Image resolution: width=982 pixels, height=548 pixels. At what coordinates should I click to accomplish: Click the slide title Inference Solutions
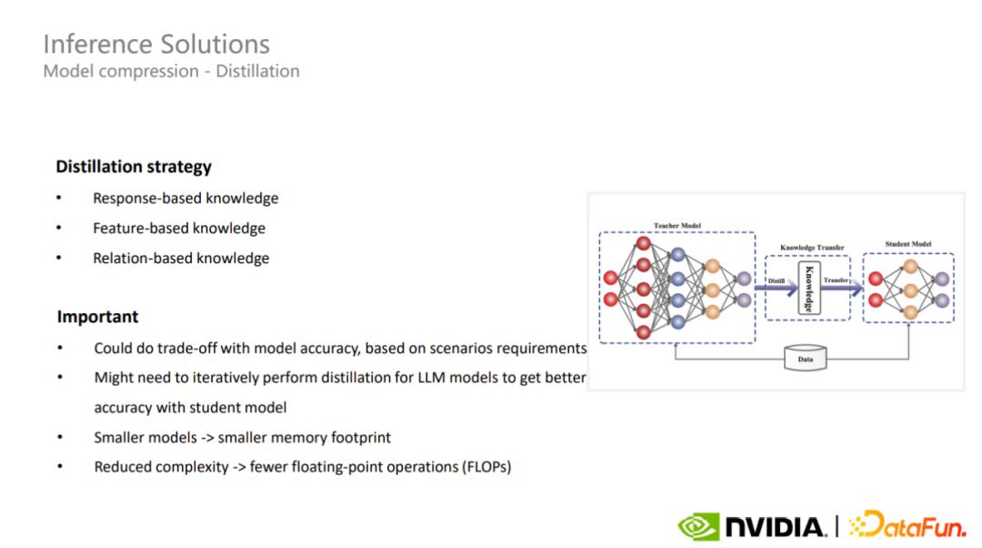pyautogui.click(x=156, y=45)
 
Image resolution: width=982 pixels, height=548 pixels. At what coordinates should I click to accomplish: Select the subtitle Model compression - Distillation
pyautogui.click(x=172, y=72)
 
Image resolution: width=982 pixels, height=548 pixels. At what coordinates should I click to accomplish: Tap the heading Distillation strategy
pyautogui.click(x=134, y=167)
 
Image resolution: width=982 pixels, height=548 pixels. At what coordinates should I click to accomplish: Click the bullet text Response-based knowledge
pyautogui.click(x=186, y=198)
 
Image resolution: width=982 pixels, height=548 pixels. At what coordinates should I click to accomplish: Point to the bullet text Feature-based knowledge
pyautogui.click(x=179, y=228)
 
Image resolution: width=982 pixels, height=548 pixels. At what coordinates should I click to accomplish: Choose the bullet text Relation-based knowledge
pyautogui.click(x=181, y=259)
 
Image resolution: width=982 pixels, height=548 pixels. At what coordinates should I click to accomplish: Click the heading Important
pyautogui.click(x=97, y=317)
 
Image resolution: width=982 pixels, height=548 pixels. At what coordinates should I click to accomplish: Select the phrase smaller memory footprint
pyautogui.click(x=305, y=438)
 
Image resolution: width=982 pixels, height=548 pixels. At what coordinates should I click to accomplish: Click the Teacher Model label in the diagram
pyautogui.click(x=677, y=226)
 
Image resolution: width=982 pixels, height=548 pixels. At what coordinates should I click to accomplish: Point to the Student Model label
pyautogui.click(x=908, y=244)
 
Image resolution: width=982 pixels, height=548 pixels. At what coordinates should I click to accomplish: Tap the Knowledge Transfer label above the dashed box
pyautogui.click(x=812, y=248)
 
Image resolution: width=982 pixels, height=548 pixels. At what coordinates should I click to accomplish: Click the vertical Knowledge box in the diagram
pyautogui.click(x=809, y=289)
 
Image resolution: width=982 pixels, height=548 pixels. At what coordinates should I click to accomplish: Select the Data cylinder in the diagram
pyautogui.click(x=806, y=358)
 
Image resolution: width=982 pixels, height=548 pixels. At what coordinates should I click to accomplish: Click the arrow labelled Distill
pyautogui.click(x=776, y=288)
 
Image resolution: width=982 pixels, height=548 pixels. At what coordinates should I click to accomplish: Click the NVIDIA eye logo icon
pyautogui.click(x=698, y=527)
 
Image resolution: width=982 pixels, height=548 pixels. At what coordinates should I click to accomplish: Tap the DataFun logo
pyautogui.click(x=907, y=524)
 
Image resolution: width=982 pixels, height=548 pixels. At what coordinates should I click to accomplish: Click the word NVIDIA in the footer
pyautogui.click(x=776, y=527)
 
